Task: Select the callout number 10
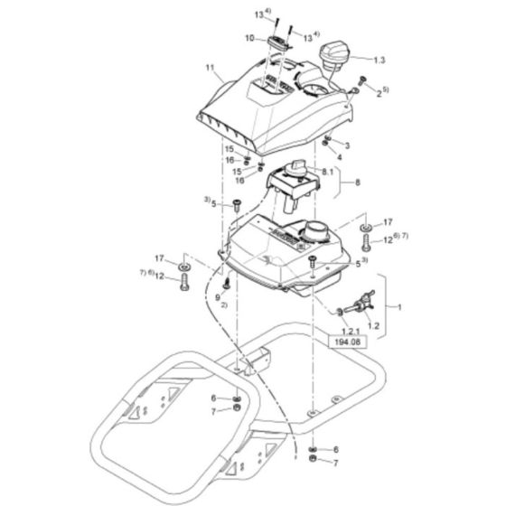click(250, 38)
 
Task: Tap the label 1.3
click(379, 59)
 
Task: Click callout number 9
click(218, 295)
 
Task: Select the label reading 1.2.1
click(348, 333)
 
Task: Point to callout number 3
click(345, 145)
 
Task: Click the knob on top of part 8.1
click(296, 168)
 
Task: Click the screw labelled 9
click(225, 283)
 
